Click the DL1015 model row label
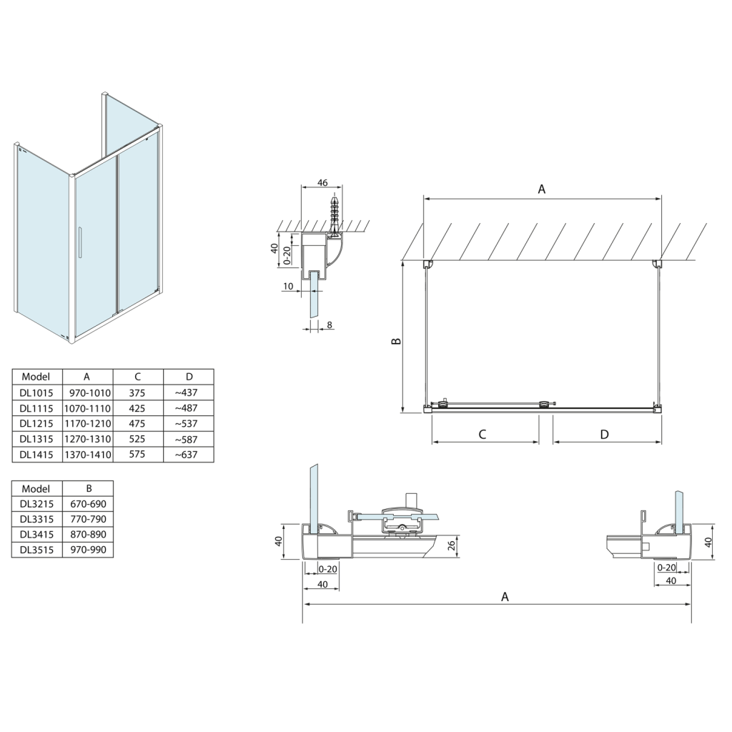coord(36,392)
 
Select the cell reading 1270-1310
coord(87,439)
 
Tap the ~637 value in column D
coord(189,455)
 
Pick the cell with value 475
coord(137,423)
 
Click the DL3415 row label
coord(36,534)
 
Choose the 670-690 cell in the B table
coord(88,503)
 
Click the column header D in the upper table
coord(189,377)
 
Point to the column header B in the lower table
coord(88,488)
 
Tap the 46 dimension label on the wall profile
coord(322,183)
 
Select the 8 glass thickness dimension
coord(329,325)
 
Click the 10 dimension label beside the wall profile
coord(287,287)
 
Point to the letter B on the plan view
coord(396,341)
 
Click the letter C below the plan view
coord(483,434)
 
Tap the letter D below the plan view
coord(604,434)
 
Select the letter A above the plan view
coord(541,189)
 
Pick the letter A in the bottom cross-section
coord(505,596)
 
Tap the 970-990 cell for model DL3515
coord(88,550)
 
